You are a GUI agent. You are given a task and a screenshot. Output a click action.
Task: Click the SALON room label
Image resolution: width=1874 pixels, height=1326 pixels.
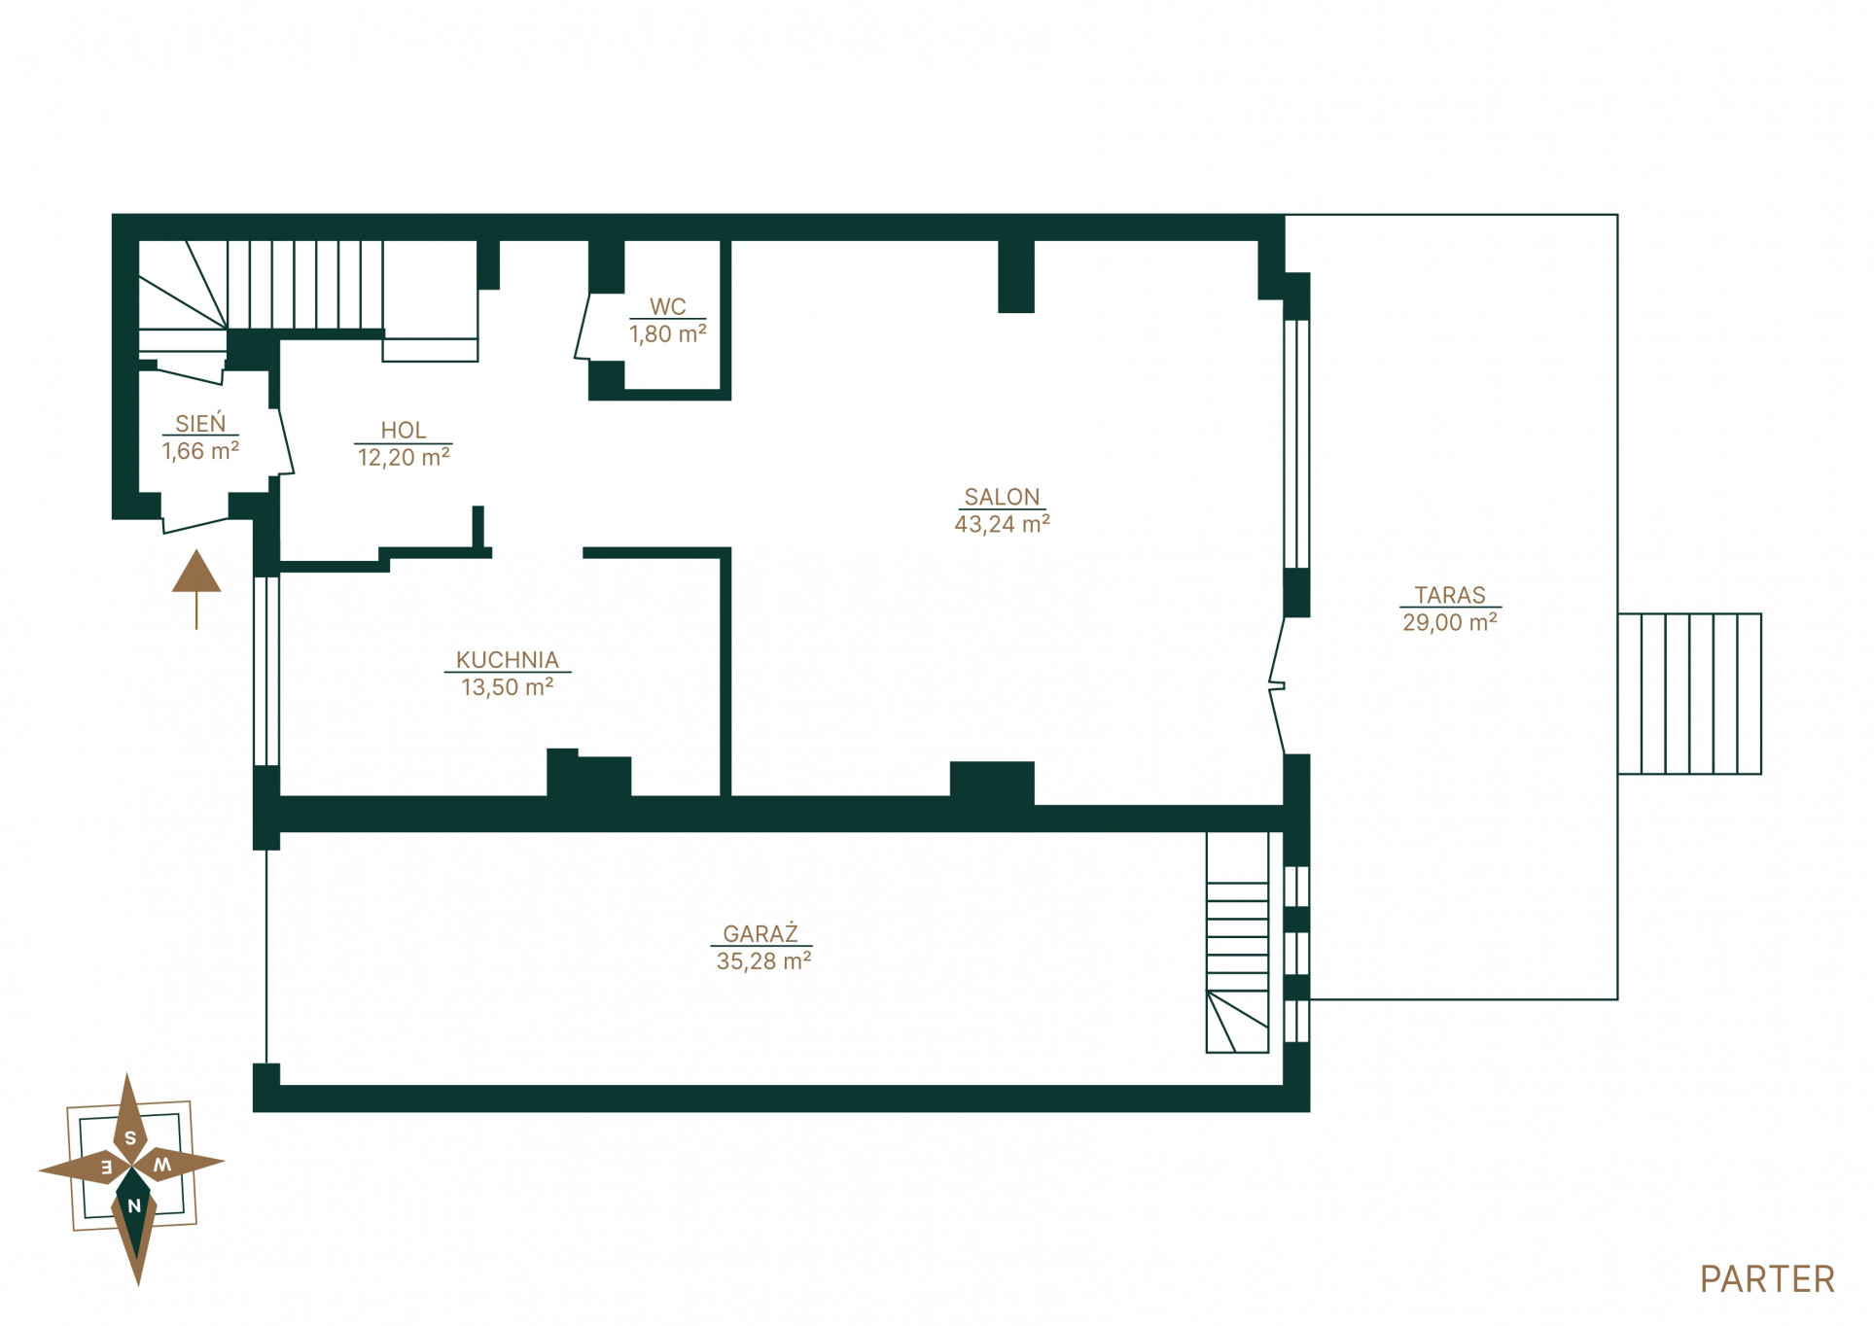(x=1002, y=497)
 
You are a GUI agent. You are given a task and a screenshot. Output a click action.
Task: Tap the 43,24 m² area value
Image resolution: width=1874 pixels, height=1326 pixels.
(x=1002, y=524)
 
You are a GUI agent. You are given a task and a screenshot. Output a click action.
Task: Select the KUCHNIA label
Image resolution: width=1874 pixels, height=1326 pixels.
(x=508, y=659)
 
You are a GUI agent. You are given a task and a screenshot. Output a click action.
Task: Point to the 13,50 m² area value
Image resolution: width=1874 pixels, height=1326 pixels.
(x=507, y=687)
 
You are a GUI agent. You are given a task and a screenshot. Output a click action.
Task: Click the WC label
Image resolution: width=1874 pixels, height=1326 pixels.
(x=668, y=306)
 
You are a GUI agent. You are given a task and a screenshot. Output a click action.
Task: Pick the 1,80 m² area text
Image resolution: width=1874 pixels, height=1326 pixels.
(x=668, y=333)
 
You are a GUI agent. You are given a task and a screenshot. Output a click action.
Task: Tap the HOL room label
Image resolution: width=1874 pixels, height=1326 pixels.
(x=404, y=430)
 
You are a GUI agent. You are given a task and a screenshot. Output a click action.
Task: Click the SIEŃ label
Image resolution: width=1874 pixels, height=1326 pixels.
(x=200, y=423)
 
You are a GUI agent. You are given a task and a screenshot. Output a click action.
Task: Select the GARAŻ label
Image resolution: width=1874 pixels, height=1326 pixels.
(x=760, y=933)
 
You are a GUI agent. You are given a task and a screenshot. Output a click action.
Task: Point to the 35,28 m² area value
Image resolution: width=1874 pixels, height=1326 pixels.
(x=763, y=961)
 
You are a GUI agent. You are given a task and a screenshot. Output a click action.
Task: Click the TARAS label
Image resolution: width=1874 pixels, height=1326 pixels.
(x=1450, y=595)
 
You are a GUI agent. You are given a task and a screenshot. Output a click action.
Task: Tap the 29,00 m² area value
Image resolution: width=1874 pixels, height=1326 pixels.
(x=1450, y=622)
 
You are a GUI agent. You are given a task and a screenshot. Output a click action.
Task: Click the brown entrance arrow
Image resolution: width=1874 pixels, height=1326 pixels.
(x=196, y=589)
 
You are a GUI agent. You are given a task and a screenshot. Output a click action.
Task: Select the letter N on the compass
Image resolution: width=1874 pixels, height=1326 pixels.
(x=134, y=1205)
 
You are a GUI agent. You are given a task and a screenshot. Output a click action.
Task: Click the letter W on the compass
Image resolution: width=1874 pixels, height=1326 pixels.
(x=163, y=1164)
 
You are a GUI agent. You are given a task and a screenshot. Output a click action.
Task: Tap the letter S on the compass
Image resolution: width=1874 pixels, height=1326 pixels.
(x=130, y=1137)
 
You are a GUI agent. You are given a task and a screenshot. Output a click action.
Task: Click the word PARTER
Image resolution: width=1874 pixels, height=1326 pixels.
(x=1767, y=1279)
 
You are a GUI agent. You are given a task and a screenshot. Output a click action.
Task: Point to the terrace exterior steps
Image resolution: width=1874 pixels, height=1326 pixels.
(x=1689, y=693)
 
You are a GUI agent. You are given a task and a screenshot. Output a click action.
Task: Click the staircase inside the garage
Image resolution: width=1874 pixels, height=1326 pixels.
(x=1237, y=942)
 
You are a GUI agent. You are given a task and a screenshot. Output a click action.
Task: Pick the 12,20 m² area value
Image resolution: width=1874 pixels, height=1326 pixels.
(x=404, y=457)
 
